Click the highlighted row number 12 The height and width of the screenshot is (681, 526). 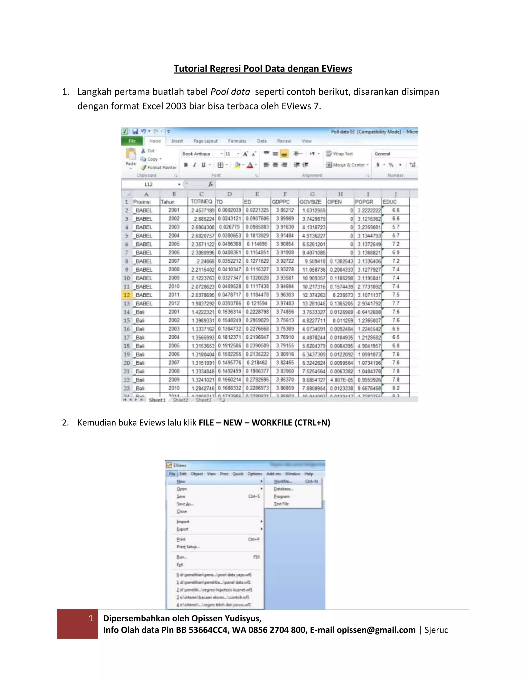pyautogui.click(x=127, y=295)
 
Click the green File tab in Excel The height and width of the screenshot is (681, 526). pyautogui.click(x=132, y=141)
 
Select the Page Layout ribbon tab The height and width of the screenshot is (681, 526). pyautogui.click(x=205, y=141)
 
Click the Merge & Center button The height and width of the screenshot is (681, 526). pyautogui.click(x=347, y=165)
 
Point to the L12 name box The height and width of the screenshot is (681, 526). pyautogui.click(x=149, y=184)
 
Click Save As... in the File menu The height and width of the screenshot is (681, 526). pyautogui.click(x=185, y=504)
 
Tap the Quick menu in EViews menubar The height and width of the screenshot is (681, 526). pyautogui.click(x=238, y=474)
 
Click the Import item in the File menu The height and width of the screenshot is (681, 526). pyautogui.click(x=183, y=521)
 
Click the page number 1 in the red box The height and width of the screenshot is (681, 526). pyautogui.click(x=91, y=619)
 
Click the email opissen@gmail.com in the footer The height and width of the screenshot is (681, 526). pyautogui.click(x=376, y=630)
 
